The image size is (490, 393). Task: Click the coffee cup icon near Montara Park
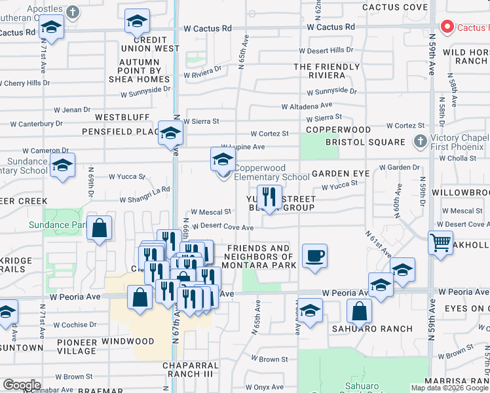(x=314, y=255)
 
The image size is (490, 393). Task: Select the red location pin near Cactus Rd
(x=448, y=27)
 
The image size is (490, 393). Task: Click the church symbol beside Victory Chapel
(x=421, y=141)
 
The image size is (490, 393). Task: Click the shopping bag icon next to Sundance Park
(x=99, y=229)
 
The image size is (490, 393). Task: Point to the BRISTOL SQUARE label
(x=365, y=142)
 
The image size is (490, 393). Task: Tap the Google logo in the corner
(x=22, y=385)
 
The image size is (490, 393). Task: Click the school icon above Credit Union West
(x=136, y=22)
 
